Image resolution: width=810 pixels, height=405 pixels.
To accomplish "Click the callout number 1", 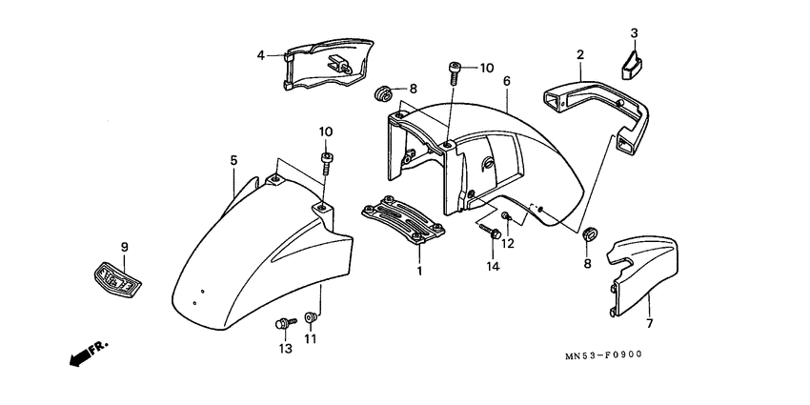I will pyautogui.click(x=419, y=271).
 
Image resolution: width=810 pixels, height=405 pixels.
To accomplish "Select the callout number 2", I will pyautogui.click(x=579, y=55).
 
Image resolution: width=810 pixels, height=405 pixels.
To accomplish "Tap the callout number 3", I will pyautogui.click(x=635, y=33).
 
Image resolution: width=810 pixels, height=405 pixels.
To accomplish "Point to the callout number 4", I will pyautogui.click(x=260, y=55).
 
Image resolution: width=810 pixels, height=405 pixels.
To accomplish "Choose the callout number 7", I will pyautogui.click(x=648, y=325).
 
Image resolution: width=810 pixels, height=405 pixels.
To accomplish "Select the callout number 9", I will pyautogui.click(x=123, y=248).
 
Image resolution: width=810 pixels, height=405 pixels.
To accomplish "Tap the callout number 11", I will pyautogui.click(x=310, y=338).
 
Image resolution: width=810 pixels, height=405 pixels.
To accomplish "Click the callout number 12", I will pyautogui.click(x=508, y=243).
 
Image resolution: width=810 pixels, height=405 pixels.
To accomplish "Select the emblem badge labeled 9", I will pyautogui.click(x=117, y=277).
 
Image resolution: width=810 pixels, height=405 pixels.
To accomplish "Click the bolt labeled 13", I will pyautogui.click(x=282, y=324).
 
